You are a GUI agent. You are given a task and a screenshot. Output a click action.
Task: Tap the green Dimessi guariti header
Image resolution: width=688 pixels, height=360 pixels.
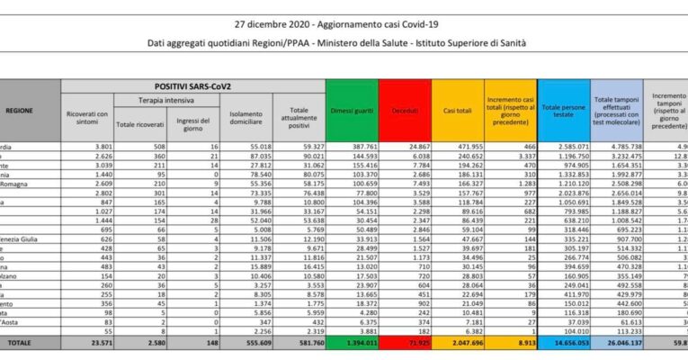click(x=351, y=108)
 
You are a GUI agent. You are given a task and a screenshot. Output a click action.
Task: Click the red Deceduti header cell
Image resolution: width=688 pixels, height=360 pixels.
click(x=405, y=109)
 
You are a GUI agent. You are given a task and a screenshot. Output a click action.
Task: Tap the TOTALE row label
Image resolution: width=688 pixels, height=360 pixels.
click(x=19, y=343)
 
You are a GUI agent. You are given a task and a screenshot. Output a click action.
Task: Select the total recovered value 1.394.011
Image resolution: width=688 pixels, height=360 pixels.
click(x=353, y=343)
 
